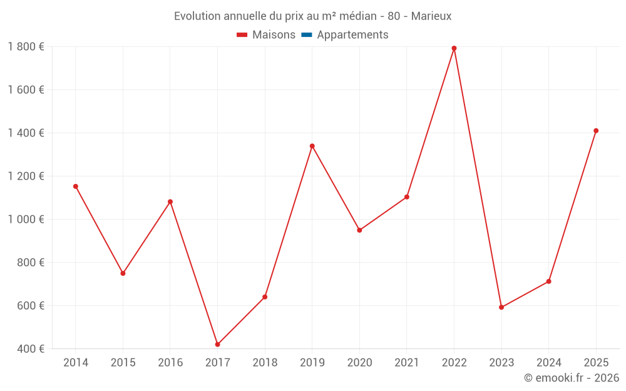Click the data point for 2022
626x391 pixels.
(x=454, y=48)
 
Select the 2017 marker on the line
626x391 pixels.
(x=217, y=345)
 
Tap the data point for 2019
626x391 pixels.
(x=312, y=146)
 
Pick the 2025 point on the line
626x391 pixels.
(x=596, y=131)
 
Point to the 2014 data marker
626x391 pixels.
(x=75, y=186)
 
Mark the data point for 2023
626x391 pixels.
(x=501, y=307)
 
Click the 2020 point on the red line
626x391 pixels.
(x=359, y=230)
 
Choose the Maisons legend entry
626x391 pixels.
(x=266, y=35)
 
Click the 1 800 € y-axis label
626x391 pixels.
(x=26, y=46)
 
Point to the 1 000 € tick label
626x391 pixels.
(x=26, y=219)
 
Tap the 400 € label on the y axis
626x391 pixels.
(x=31, y=348)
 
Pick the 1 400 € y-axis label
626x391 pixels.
(x=26, y=133)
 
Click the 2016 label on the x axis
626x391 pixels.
(x=170, y=362)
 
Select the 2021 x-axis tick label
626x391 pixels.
(x=407, y=362)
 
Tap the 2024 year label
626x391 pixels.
(x=548, y=362)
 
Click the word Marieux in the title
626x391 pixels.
(x=431, y=16)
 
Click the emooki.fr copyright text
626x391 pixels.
(x=572, y=378)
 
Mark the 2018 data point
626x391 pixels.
(x=265, y=297)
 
